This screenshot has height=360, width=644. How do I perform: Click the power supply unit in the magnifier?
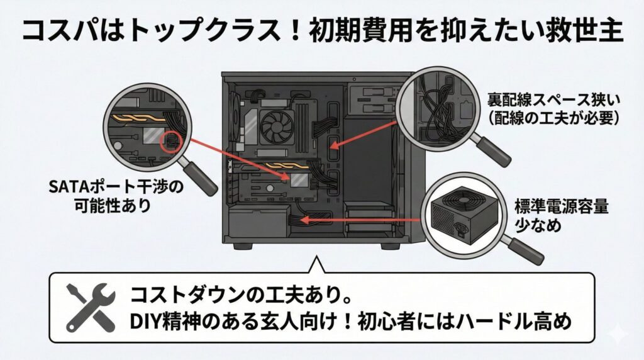460,213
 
